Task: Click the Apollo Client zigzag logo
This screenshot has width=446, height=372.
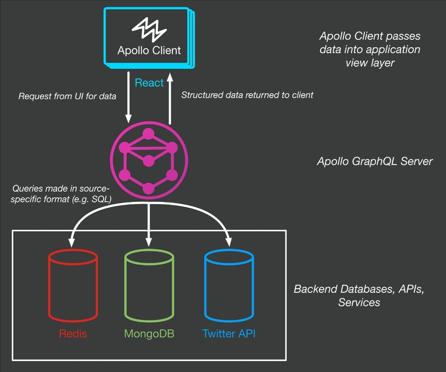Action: coord(149,30)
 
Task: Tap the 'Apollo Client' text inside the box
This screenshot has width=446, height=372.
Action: coord(149,51)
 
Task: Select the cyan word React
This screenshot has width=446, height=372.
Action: coord(149,82)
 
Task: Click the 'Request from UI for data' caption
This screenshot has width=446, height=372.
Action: coord(68,96)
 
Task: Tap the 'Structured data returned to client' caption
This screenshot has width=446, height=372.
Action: coord(247,95)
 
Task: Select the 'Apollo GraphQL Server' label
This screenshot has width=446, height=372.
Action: coord(375,161)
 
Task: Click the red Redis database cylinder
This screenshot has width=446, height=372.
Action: coord(73,285)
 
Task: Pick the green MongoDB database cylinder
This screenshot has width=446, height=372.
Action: coord(149,285)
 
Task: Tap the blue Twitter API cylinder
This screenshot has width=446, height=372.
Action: coord(229,285)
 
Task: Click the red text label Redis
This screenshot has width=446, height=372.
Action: coord(73,333)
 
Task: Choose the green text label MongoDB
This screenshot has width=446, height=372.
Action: coord(149,333)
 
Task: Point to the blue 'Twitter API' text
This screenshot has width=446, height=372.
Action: coord(229,333)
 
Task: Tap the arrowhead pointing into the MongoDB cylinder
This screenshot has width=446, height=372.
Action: coord(149,240)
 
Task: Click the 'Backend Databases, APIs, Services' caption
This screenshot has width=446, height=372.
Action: coord(359,295)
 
